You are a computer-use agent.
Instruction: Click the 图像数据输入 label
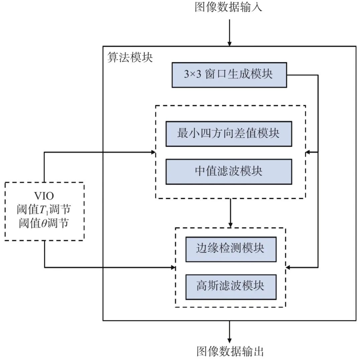click(x=229, y=7)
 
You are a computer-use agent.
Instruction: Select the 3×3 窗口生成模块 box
click(x=229, y=75)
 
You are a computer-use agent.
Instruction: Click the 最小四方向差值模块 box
click(x=229, y=134)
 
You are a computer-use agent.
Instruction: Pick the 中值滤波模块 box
click(x=229, y=172)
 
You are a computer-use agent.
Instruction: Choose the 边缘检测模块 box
click(x=231, y=249)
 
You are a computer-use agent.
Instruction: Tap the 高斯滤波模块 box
click(x=231, y=287)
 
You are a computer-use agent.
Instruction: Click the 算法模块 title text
click(x=130, y=58)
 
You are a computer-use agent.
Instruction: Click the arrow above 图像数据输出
click(x=229, y=331)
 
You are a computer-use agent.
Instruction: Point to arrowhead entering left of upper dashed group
click(x=153, y=152)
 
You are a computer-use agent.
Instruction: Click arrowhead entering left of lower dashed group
click(x=173, y=267)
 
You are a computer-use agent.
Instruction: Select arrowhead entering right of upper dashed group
click(x=308, y=152)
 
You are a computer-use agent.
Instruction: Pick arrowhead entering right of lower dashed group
click(x=288, y=267)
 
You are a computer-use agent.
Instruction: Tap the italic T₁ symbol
click(x=43, y=210)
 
